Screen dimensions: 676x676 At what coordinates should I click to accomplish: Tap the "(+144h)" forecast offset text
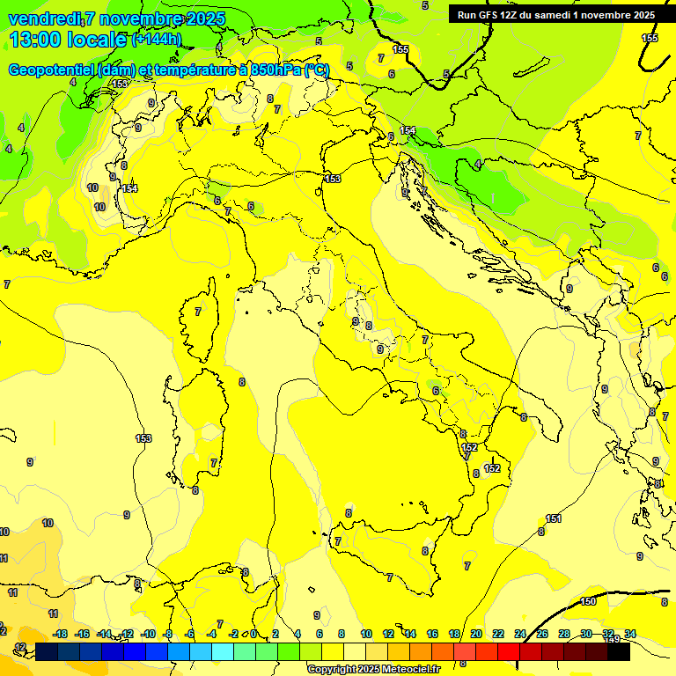(x=157, y=39)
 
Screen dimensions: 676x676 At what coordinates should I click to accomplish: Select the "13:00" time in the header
(x=34, y=39)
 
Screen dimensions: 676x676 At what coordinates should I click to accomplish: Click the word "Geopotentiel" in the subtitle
(x=51, y=70)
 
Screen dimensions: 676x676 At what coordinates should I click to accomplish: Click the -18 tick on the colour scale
(x=60, y=634)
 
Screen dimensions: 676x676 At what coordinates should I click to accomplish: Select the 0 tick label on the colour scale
(x=253, y=634)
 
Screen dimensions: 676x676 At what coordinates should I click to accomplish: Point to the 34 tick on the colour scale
(x=630, y=634)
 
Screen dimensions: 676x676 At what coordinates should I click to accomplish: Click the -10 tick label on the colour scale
(x=149, y=634)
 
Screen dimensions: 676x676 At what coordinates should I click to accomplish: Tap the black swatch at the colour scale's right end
(x=619, y=652)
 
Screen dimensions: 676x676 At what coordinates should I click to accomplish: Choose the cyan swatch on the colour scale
(x=223, y=652)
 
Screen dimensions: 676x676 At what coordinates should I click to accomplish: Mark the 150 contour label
(x=588, y=602)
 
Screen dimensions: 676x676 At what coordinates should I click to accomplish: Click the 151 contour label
(x=554, y=518)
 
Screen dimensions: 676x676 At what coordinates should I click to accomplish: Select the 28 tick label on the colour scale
(x=564, y=634)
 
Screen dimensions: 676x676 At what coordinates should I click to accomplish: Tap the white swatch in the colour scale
(x=355, y=652)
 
